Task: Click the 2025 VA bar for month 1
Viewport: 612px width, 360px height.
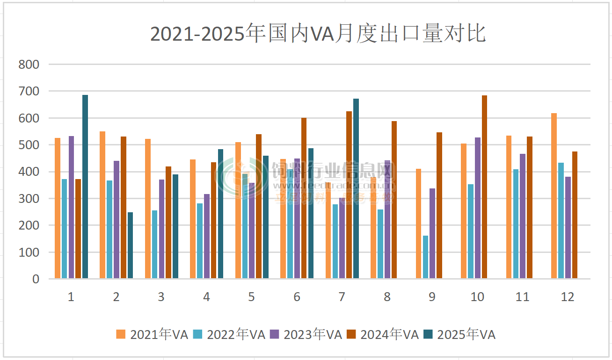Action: [x=85, y=187]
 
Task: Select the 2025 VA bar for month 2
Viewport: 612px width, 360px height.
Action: [x=130, y=245]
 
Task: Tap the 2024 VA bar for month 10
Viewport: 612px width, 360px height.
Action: [x=484, y=187]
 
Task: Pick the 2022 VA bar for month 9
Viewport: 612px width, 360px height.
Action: [x=425, y=257]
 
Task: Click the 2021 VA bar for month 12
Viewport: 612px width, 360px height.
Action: [x=554, y=196]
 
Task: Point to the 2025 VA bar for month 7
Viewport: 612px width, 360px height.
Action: [x=356, y=189]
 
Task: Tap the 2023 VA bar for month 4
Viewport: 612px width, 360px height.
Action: [x=207, y=237]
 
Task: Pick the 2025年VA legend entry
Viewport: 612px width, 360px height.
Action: [x=459, y=334]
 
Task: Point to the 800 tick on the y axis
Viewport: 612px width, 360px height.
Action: [x=29, y=65]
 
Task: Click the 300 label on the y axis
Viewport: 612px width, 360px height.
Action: [x=29, y=199]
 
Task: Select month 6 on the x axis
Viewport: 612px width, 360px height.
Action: [x=297, y=297]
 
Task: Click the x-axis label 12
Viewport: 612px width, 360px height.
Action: [x=567, y=297]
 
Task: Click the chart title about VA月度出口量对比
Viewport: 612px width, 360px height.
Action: [x=318, y=34]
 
